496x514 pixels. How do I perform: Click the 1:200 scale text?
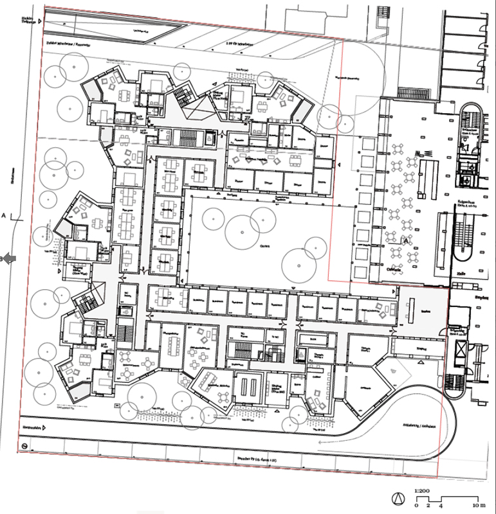422,490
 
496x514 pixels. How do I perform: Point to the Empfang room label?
423,309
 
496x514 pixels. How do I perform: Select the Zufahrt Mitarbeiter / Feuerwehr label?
67,46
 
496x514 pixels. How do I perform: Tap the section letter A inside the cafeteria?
406,240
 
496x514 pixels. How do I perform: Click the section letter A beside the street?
5,216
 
